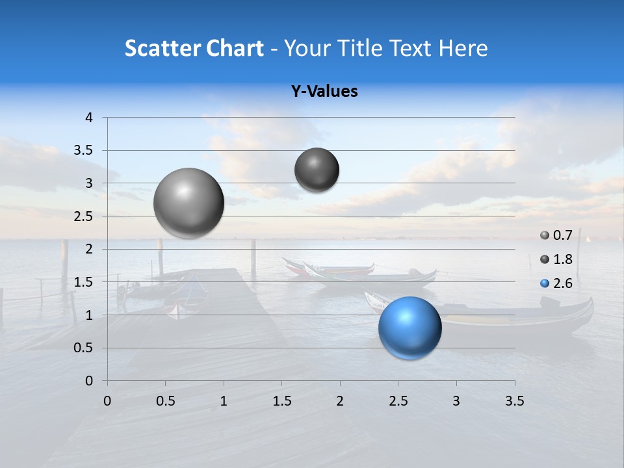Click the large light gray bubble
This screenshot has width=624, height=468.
(188, 203)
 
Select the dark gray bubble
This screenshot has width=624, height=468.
(317, 170)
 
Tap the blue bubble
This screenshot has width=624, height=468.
(409, 328)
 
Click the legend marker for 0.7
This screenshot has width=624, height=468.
(545, 235)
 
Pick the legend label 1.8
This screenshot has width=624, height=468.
(562, 259)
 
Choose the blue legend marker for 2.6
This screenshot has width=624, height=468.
(545, 283)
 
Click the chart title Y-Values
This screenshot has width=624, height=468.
(324, 92)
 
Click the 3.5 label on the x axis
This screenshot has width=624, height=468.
(514, 401)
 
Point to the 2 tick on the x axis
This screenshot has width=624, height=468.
(339, 401)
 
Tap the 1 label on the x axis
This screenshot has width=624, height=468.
(224, 401)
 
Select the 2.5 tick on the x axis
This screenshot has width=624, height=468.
(398, 401)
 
